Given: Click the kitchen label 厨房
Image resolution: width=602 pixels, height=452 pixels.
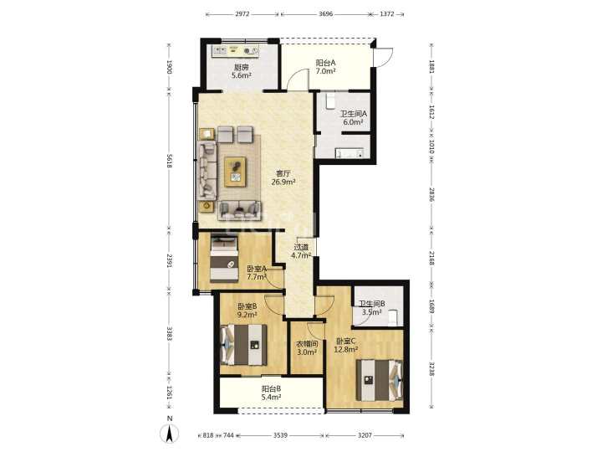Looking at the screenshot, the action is pos(242,67).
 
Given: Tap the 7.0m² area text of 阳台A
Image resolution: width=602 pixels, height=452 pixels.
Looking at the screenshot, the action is pos(325,71).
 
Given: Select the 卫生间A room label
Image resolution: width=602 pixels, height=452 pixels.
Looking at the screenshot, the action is pos(354,114).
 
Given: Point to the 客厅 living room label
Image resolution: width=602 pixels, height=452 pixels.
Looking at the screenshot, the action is pos(283,174).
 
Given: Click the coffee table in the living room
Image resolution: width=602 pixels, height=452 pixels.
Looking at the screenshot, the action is pos(235,172).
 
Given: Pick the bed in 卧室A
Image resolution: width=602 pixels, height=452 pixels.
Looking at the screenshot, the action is pos(224,259).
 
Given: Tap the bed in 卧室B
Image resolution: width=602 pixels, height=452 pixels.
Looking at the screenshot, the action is pos(244,345).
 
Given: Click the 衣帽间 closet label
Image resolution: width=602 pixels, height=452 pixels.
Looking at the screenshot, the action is pos(307,344).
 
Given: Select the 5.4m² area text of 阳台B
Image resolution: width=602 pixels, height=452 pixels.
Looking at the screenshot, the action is pos(271,397).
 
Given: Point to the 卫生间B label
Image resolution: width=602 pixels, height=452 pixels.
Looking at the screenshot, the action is pos(372,304).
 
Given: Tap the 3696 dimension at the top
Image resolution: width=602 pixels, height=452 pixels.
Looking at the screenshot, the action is pos(325,14).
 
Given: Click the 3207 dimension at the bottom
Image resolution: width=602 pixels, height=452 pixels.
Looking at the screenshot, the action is pos(365,435).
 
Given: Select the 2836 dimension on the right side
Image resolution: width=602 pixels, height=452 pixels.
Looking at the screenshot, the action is pos(431,195).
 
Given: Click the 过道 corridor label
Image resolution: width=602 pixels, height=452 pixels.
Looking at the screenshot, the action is pos(301,247).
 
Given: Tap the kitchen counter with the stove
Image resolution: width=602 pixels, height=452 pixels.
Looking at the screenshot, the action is pos(236,50).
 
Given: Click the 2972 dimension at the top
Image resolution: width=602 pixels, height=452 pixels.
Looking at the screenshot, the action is pos(242,14).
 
